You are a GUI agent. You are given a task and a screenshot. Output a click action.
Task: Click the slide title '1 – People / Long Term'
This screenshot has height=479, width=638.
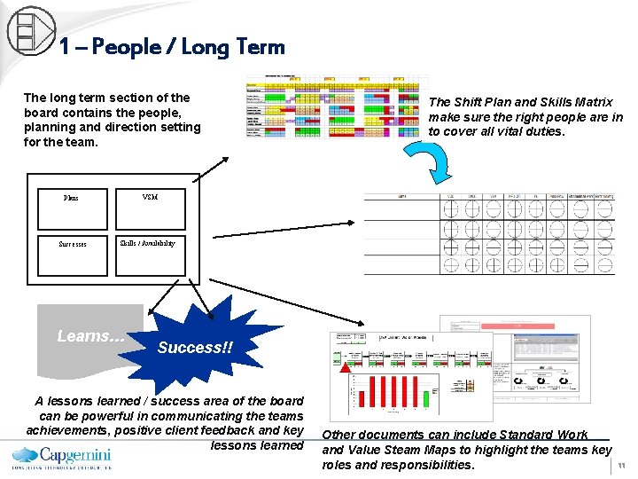pyautogui.click(x=172, y=47)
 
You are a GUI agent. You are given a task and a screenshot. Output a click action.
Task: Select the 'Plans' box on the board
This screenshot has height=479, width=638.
pyautogui.click(x=71, y=198)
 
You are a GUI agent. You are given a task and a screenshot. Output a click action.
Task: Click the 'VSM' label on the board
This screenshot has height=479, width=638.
pyautogui.click(x=149, y=197)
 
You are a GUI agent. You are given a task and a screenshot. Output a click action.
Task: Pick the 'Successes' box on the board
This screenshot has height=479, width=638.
pyautogui.click(x=72, y=244)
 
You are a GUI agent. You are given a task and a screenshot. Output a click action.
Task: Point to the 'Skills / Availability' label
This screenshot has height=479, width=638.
pyautogui.click(x=147, y=243)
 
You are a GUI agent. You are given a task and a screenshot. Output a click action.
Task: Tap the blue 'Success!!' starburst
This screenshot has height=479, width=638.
pyautogui.click(x=195, y=347)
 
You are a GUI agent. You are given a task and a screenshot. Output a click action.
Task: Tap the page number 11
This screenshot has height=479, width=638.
pyautogui.click(x=622, y=464)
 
